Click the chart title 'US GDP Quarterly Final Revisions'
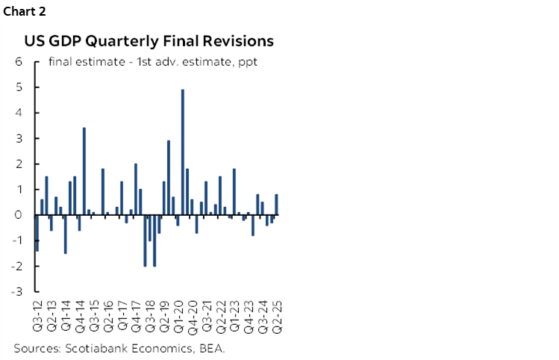point(149,40)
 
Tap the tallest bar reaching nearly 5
point(183,152)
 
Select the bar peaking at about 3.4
point(84,171)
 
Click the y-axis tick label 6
point(19,62)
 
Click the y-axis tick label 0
point(19,215)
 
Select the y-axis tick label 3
point(19,139)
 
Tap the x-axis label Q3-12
point(37,317)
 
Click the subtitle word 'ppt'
point(247,62)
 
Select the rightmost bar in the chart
point(277,205)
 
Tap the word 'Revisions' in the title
point(234,40)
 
